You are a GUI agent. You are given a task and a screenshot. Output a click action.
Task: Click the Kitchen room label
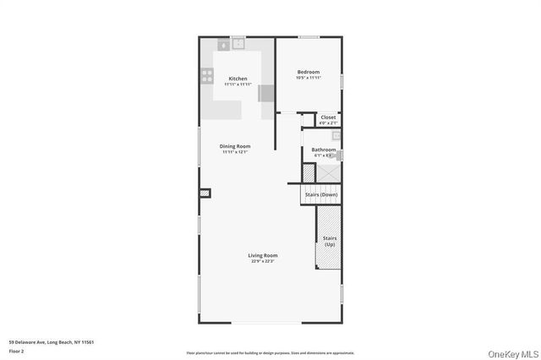click(238, 79)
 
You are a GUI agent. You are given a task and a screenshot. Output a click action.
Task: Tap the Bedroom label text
click(308, 72)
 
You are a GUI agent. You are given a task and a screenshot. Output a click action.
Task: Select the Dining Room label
click(236, 146)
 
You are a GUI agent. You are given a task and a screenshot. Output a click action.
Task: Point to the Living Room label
click(263, 255)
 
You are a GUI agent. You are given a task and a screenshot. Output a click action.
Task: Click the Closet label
click(328, 117)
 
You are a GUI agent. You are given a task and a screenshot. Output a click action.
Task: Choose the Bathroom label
click(325, 150)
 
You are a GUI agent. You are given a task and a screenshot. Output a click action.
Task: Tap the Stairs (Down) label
click(320, 194)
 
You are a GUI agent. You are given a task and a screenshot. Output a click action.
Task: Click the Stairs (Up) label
click(329, 240)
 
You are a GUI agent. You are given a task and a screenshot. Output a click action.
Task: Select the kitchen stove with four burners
click(206, 76)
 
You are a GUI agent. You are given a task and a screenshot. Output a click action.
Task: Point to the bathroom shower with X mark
click(328, 172)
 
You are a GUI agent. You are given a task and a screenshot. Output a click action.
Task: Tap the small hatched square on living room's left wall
click(205, 194)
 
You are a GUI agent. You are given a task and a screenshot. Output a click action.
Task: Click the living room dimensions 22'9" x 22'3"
click(263, 261)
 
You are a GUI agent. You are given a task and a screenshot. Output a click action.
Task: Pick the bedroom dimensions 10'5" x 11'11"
click(308, 78)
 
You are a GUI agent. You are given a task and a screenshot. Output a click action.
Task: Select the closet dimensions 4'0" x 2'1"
click(328, 123)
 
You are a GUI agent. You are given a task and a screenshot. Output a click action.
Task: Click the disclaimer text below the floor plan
click(270, 352)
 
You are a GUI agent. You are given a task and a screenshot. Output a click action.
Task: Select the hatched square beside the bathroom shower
click(309, 172)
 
